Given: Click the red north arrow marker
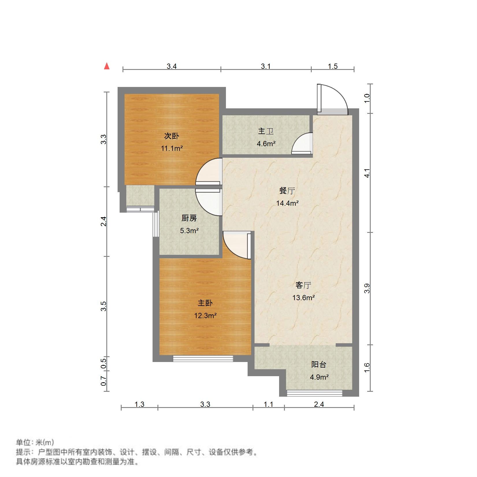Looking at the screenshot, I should [107, 66].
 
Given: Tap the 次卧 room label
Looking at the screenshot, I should [172, 136].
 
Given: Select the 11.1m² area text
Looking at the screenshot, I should [172, 149].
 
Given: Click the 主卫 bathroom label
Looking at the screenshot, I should [266, 131].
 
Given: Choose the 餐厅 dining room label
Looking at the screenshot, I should [287, 191].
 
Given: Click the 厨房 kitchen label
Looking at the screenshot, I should [189, 218].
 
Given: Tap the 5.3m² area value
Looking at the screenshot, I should [189, 231].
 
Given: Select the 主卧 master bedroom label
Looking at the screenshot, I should [205, 303].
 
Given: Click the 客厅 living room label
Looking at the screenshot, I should [303, 285].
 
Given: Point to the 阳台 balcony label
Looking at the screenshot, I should [319, 364].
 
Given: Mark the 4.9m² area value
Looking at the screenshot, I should [319, 377].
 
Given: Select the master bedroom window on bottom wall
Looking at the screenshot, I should [203, 359].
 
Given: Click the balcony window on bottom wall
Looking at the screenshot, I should [314, 393].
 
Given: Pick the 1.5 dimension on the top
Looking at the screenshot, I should [333, 66].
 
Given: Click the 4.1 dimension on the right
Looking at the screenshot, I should [367, 175].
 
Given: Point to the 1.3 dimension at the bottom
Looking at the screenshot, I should [139, 404].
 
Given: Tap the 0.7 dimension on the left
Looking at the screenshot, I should [104, 381].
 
